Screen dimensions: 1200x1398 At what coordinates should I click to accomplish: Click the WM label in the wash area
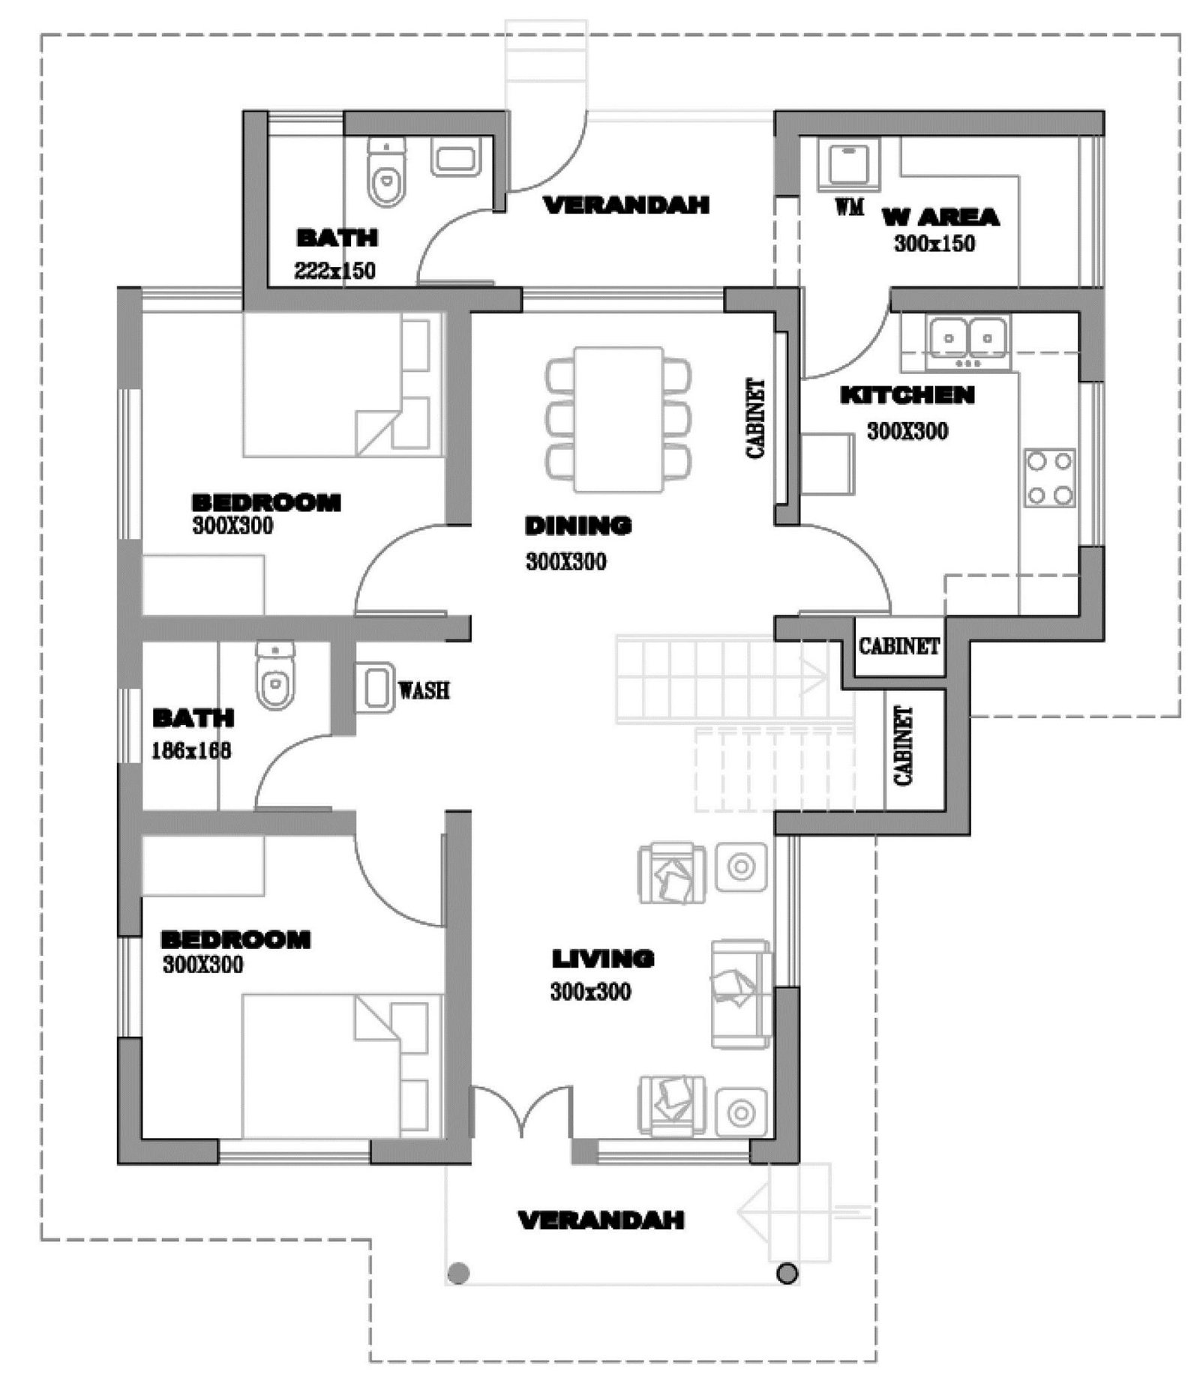pyautogui.click(x=849, y=205)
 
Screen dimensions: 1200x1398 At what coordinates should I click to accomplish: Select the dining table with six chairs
pyautogui.click(x=619, y=419)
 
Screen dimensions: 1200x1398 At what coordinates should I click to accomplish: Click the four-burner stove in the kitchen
pyautogui.click(x=1049, y=478)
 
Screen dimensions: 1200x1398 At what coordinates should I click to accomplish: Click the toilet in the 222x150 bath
pyautogui.click(x=386, y=173)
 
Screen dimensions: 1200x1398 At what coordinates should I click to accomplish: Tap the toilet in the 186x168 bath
pyautogui.click(x=275, y=675)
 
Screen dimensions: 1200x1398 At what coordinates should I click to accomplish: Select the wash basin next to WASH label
pyautogui.click(x=375, y=687)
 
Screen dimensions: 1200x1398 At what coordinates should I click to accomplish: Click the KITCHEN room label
pyautogui.click(x=907, y=395)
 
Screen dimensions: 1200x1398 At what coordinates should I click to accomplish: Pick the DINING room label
pyautogui.click(x=578, y=525)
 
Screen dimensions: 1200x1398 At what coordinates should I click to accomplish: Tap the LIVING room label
pyautogui.click(x=603, y=958)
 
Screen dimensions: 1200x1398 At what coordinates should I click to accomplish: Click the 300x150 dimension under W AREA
pyautogui.click(x=934, y=244)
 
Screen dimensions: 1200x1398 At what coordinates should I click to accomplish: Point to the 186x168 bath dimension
pyautogui.click(x=191, y=750)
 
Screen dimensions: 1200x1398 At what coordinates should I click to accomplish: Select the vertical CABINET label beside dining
pyautogui.click(x=756, y=418)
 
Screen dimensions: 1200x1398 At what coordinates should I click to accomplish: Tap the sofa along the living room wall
pyautogui.click(x=741, y=994)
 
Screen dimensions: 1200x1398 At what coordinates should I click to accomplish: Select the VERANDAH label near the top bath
pyautogui.click(x=626, y=205)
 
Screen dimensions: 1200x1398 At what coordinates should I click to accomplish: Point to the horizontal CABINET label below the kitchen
pyautogui.click(x=898, y=645)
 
